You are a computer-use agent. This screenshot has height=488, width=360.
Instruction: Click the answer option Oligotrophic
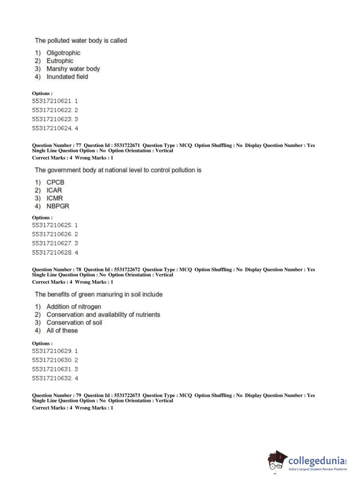pyautogui.click(x=63, y=53)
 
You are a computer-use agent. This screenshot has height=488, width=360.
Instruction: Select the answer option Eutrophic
pyautogui.click(x=60, y=61)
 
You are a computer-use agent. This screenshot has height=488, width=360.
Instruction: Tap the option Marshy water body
pyautogui.click(x=73, y=69)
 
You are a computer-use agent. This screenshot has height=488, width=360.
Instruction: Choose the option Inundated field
pyautogui.click(x=67, y=77)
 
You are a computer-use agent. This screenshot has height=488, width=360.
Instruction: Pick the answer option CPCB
pyautogui.click(x=55, y=182)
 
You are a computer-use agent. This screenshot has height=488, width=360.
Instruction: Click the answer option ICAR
pyautogui.click(x=54, y=190)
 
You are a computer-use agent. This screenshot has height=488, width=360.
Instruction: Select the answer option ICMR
pyautogui.click(x=54, y=198)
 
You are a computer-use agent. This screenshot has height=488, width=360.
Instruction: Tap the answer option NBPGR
pyautogui.click(x=58, y=206)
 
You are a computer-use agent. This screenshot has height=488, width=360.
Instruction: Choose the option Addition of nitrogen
pyautogui.click(x=73, y=307)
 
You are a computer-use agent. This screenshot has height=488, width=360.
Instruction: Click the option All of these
pyautogui.click(x=62, y=330)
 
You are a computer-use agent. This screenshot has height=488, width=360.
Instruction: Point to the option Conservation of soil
pyautogui.click(x=74, y=322)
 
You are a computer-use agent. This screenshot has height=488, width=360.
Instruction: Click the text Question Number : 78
pyautogui.click(x=56, y=270)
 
